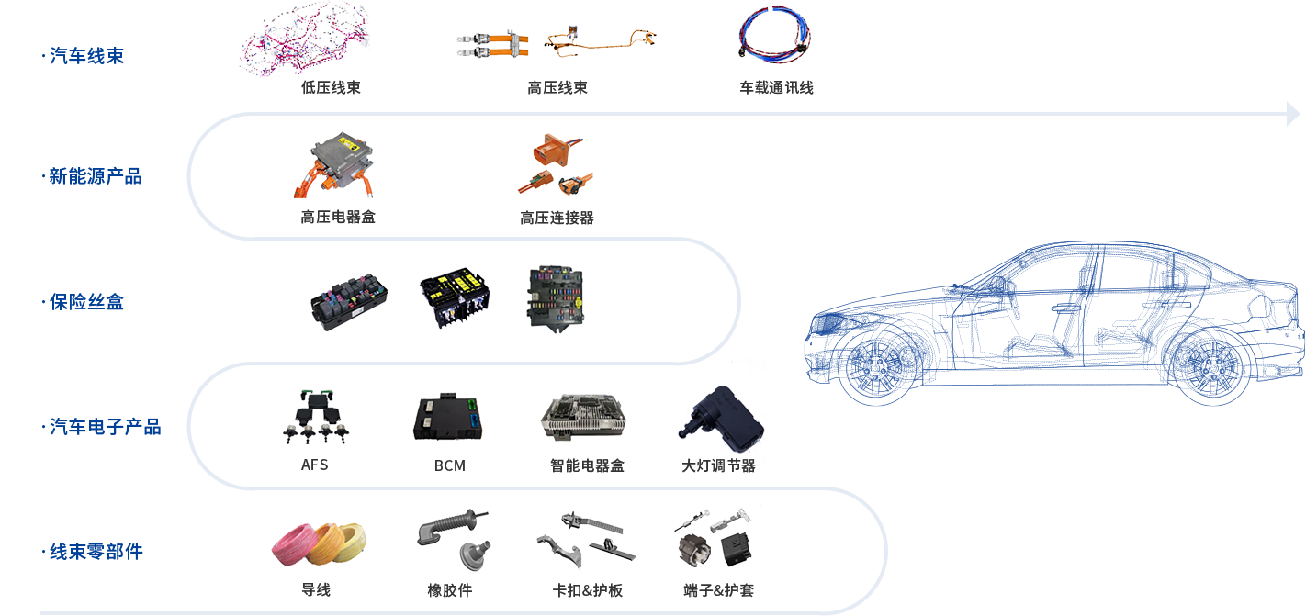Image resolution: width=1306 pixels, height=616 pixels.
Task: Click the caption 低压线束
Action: [331, 88]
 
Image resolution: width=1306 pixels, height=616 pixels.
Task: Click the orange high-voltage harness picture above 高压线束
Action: [557, 42]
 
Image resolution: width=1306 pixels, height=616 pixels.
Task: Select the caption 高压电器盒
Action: [338, 218]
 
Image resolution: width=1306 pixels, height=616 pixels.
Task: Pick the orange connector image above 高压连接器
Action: [555, 164]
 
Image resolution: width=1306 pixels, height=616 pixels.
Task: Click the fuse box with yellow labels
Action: [454, 297]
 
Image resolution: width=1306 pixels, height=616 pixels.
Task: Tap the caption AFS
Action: [314, 465]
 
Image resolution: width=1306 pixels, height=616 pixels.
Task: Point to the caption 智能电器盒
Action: [586, 465]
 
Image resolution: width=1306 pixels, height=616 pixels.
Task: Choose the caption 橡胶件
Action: [449, 590]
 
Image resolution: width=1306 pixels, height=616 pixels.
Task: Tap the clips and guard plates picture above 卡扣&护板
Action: [586, 540]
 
